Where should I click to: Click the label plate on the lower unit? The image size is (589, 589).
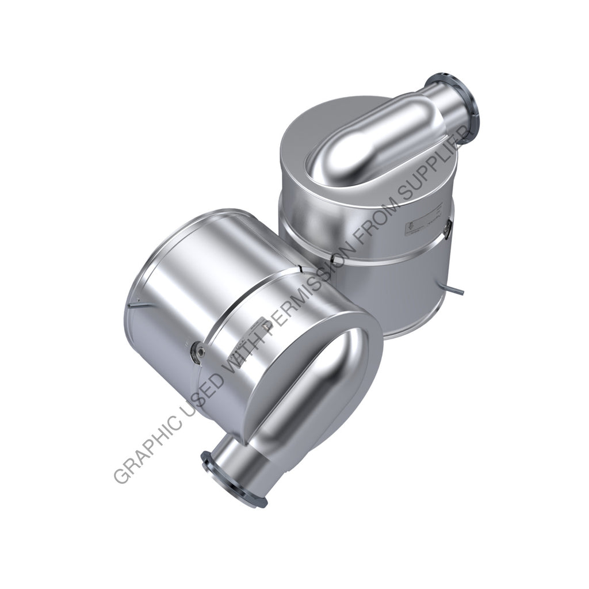[x=242, y=334]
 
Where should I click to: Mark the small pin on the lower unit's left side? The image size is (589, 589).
[x=134, y=304]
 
